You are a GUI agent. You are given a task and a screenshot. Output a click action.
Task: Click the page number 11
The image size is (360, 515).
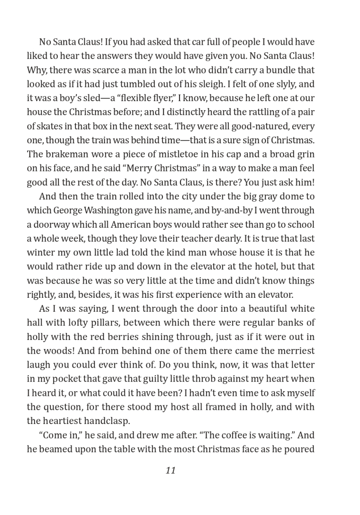170,471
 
